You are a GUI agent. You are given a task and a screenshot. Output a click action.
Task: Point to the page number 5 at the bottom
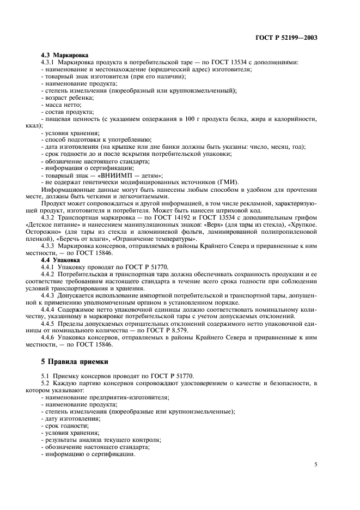point(316,464)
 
